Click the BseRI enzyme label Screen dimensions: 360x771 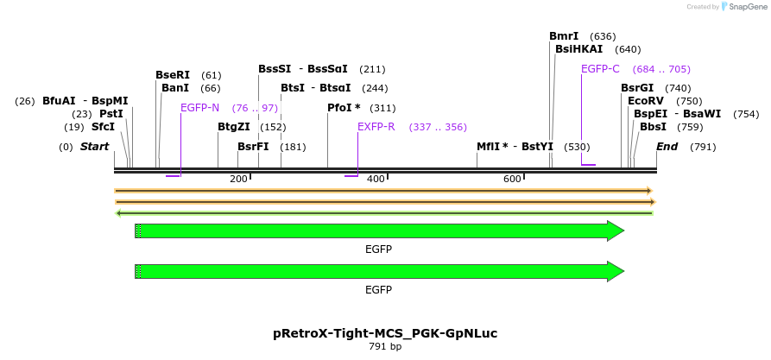pos(173,75)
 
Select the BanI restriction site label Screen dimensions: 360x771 pos(175,88)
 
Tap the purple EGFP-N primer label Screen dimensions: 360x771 pos(199,108)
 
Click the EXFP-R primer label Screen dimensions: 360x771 pos(376,127)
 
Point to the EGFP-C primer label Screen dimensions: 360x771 pos(600,69)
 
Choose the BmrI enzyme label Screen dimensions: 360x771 pos(564,36)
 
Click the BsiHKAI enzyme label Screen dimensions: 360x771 pos(579,49)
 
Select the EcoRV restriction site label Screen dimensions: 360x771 pos(646,101)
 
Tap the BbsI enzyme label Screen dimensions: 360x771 pos(653,127)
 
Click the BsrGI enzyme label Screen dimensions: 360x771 pos(637,88)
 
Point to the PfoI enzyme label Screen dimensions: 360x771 pos(344,108)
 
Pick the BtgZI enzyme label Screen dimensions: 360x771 pos(234,127)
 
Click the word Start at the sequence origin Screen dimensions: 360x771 pos(94,147)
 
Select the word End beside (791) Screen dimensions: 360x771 pos(667,147)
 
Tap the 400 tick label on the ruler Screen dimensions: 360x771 pos(376,179)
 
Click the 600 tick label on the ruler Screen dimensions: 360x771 pos(512,179)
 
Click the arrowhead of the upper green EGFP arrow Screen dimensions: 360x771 pos(616,231)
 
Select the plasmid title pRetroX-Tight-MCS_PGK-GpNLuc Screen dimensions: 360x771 pos(385,333)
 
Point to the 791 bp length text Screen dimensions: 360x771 pos(385,347)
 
